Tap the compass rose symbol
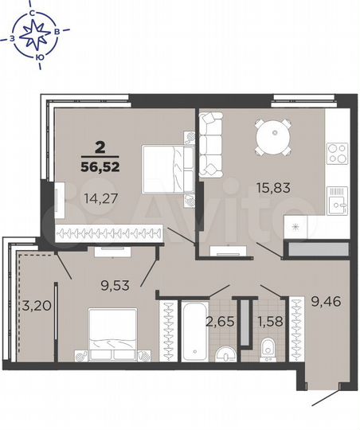click(x=37, y=33)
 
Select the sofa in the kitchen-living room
click(x=213, y=144)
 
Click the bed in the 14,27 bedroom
click(x=166, y=168)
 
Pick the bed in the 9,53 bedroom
click(x=112, y=331)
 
